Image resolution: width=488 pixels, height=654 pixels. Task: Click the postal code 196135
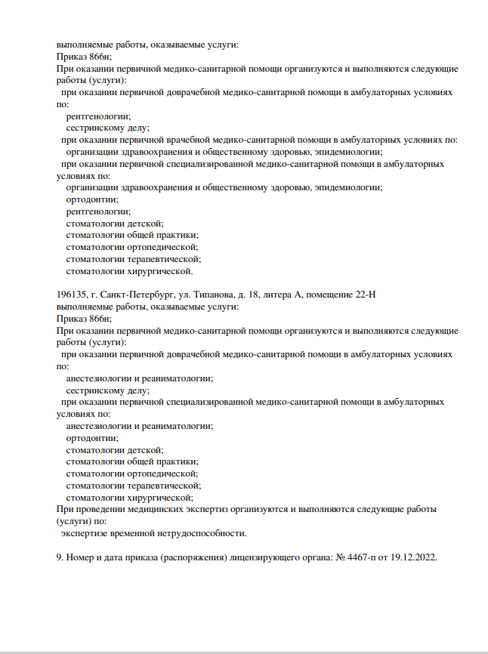pos(72,295)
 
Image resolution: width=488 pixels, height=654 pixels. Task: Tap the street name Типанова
pos(208,295)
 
